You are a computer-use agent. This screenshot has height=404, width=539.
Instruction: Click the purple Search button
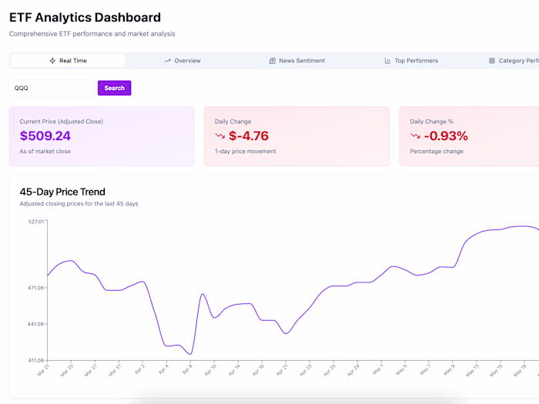[x=114, y=88]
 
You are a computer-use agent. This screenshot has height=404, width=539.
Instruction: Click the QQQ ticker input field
[x=51, y=88]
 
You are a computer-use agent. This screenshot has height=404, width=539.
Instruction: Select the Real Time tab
[x=68, y=61]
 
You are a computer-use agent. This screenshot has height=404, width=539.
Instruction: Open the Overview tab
[x=182, y=61]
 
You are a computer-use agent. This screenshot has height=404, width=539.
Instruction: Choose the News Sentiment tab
[x=296, y=61]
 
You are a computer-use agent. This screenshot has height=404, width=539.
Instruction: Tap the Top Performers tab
[x=411, y=61]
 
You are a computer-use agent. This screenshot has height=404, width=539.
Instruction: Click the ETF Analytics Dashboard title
[x=85, y=18]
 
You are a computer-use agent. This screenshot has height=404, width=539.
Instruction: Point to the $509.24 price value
[x=45, y=136]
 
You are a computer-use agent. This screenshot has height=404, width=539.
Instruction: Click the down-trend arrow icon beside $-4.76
[x=220, y=136]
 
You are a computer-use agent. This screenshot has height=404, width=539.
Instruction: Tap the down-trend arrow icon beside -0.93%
[x=416, y=136]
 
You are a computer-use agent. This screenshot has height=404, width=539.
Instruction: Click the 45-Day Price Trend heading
[x=62, y=192]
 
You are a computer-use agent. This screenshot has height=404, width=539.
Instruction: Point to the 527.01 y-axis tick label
[x=35, y=222]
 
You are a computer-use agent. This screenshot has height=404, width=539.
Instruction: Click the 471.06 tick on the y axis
[x=35, y=288]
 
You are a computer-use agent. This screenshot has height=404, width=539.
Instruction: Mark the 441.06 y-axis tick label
[x=35, y=324]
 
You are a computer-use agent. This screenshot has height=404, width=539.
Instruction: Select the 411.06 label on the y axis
[x=35, y=360]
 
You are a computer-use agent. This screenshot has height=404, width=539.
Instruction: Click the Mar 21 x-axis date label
[x=43, y=372]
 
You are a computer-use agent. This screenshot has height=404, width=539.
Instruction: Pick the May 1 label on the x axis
[x=378, y=371]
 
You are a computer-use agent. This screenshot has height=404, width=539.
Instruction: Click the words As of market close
[x=45, y=152]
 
